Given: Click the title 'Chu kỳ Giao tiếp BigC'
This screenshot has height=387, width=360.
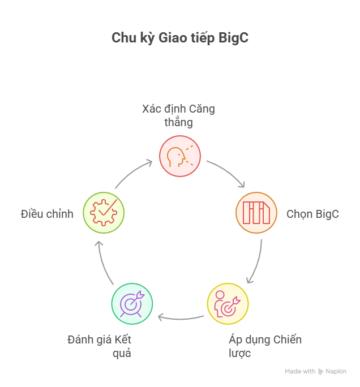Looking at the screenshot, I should [x=179, y=38].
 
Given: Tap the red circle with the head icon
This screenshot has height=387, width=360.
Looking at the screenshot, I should [x=180, y=156].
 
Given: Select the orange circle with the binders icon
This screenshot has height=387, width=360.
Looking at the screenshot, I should [x=256, y=213].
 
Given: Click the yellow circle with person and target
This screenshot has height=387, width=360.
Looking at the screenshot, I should [x=228, y=304].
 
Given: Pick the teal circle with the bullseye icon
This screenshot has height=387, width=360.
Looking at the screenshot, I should [x=132, y=304].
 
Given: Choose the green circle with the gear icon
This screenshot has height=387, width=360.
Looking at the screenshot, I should [x=104, y=213].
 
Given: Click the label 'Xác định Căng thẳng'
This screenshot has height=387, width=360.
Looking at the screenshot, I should [x=178, y=115].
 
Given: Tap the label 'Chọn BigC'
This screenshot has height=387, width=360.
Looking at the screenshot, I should [x=312, y=214].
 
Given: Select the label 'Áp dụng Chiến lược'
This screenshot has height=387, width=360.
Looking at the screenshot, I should [x=265, y=346].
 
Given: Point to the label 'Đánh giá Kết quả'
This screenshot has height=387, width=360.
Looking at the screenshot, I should [x=100, y=346].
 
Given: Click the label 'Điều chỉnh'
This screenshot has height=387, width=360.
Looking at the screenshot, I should [x=47, y=214].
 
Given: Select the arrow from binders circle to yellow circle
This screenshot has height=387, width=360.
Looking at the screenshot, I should [x=256, y=261].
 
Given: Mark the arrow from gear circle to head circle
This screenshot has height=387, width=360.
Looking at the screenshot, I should [x=133, y=173].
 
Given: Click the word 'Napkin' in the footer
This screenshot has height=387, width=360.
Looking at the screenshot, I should [x=336, y=372].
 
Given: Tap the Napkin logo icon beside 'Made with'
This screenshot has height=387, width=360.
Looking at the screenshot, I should [x=321, y=372].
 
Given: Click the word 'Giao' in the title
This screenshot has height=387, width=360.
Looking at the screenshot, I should [x=169, y=38].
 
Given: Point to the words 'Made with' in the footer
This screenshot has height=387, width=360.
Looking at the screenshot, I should [x=300, y=372].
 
